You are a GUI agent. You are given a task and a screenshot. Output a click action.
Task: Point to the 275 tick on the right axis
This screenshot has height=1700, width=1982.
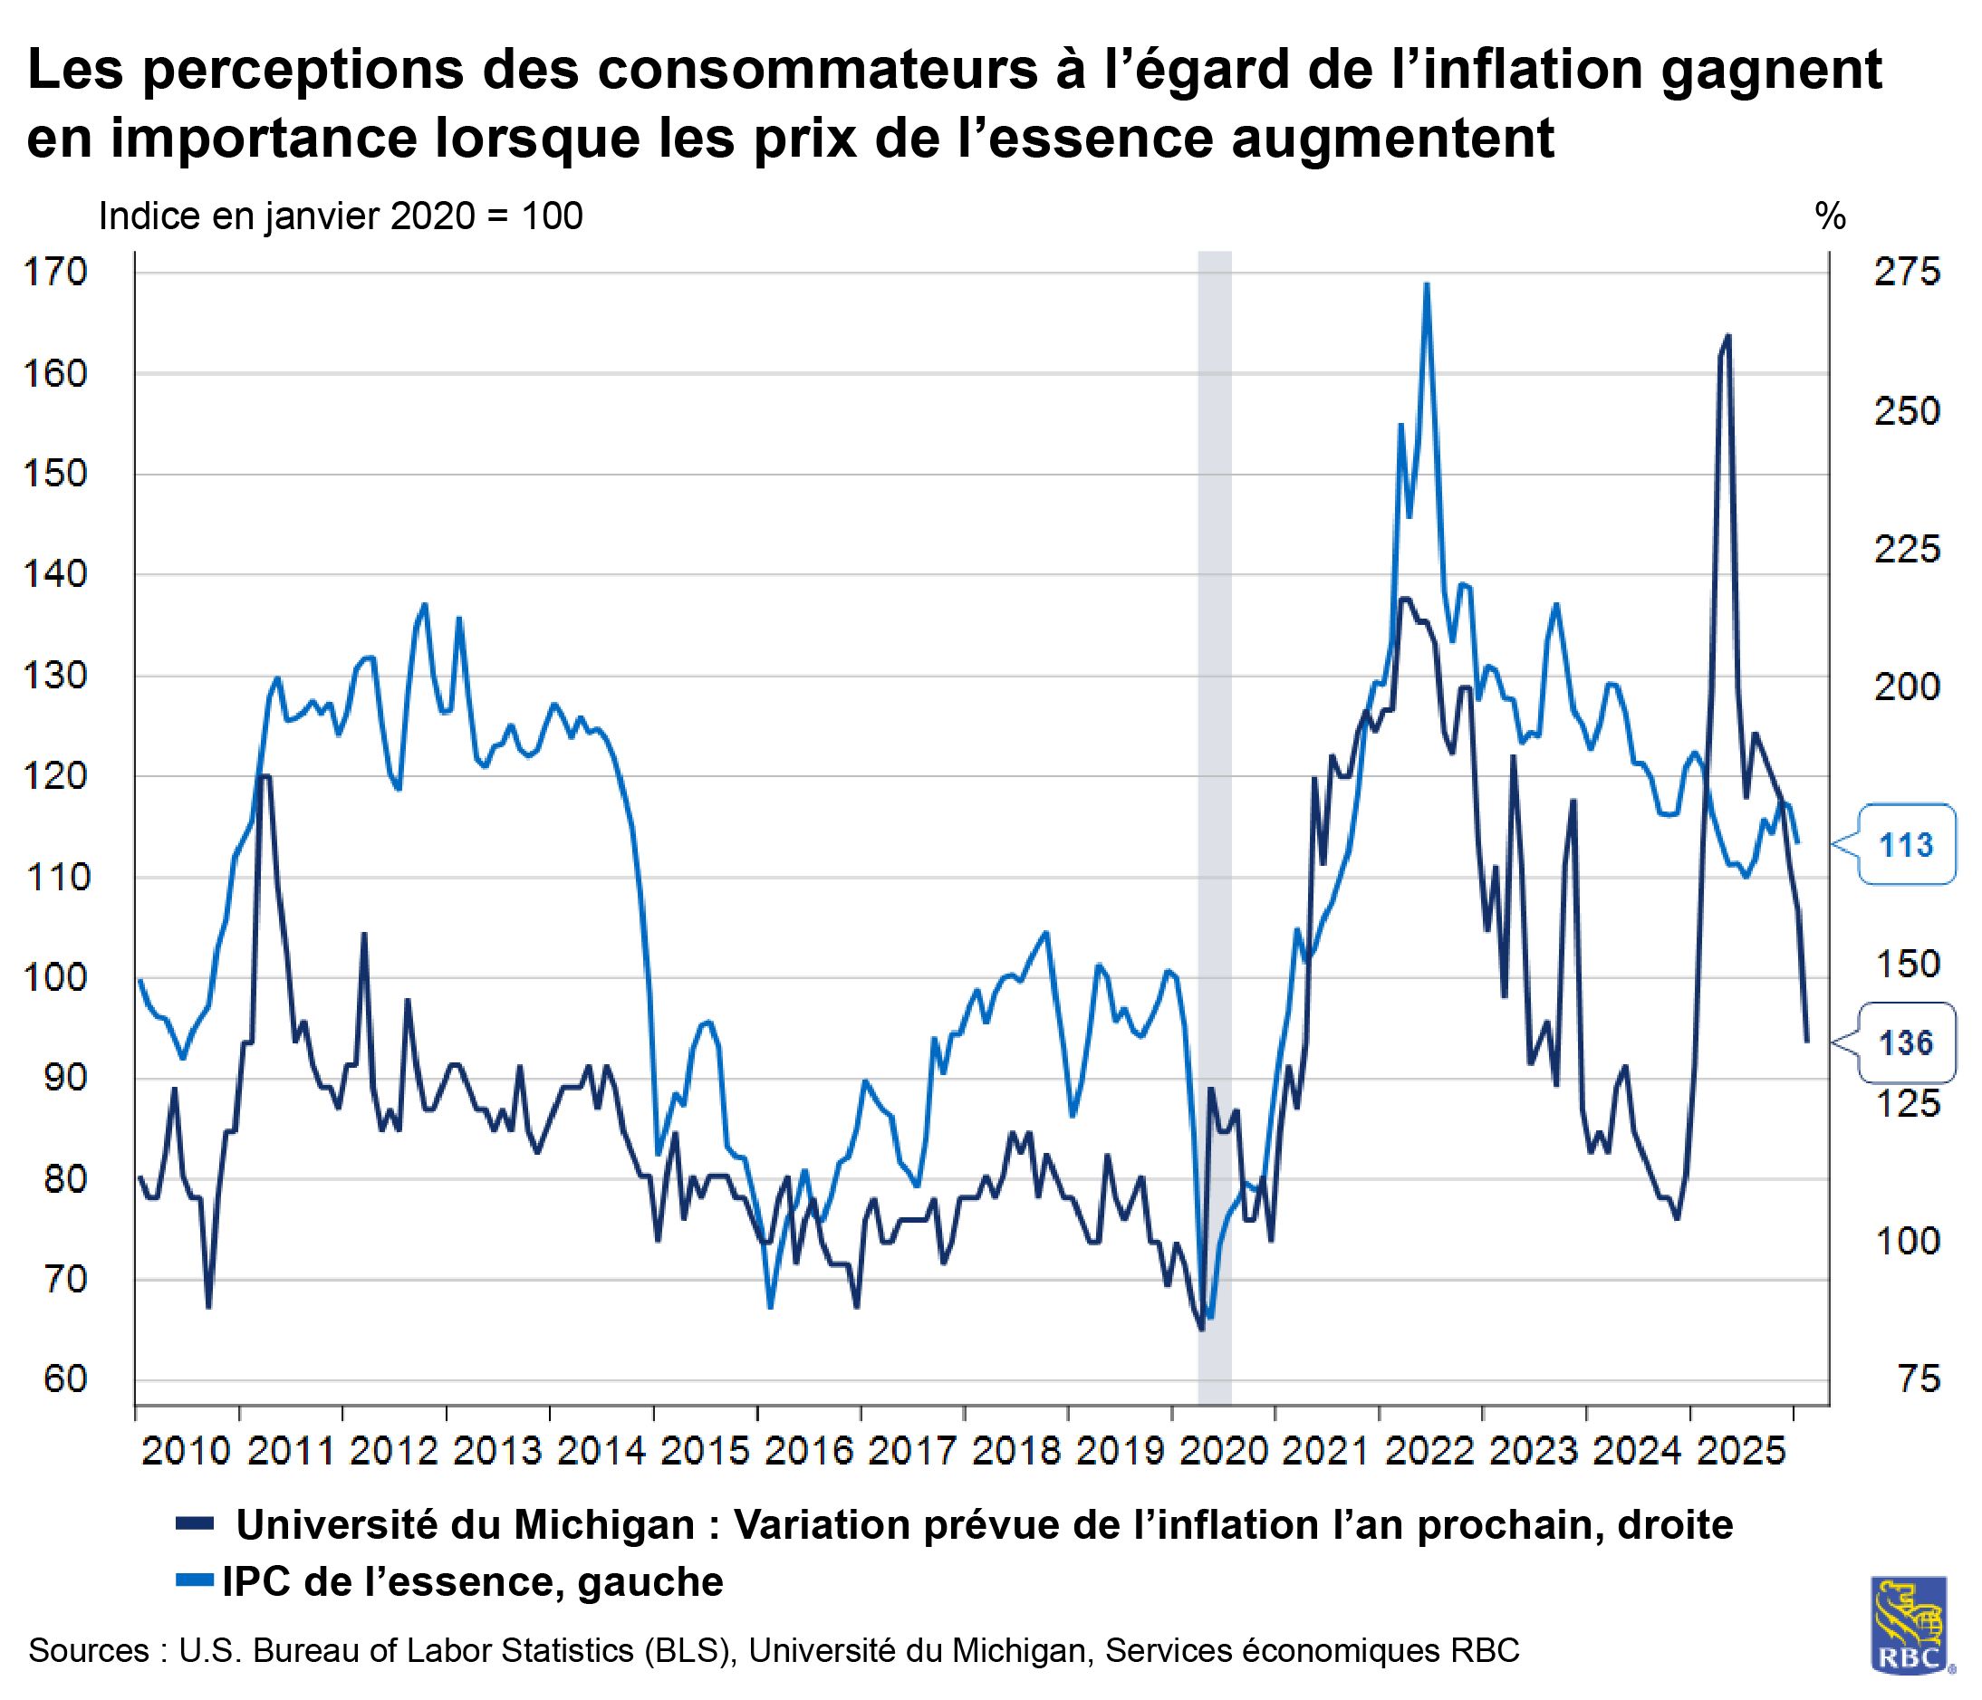point(1907,273)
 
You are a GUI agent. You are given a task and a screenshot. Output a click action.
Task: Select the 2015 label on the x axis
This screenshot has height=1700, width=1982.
point(705,1451)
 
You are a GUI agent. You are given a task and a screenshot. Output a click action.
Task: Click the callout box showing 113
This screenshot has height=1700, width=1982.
point(1906,845)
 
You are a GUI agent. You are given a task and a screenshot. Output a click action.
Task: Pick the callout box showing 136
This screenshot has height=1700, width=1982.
point(1906,1042)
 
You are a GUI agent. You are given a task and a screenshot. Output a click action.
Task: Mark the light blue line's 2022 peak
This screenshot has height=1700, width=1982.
point(1426,284)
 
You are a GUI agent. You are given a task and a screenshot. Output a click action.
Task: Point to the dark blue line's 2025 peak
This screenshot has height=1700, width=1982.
point(1727,336)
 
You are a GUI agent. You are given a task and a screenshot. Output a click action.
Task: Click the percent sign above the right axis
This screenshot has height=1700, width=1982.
point(1830,217)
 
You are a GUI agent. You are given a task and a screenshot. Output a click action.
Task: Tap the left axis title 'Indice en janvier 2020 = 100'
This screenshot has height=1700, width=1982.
point(341,217)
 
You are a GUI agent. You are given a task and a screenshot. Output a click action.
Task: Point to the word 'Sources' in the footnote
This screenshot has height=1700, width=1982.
point(88,1650)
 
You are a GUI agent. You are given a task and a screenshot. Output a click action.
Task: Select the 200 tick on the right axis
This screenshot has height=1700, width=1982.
point(1907,687)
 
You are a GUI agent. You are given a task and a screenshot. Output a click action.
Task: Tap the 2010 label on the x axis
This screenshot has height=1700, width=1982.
point(187,1451)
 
